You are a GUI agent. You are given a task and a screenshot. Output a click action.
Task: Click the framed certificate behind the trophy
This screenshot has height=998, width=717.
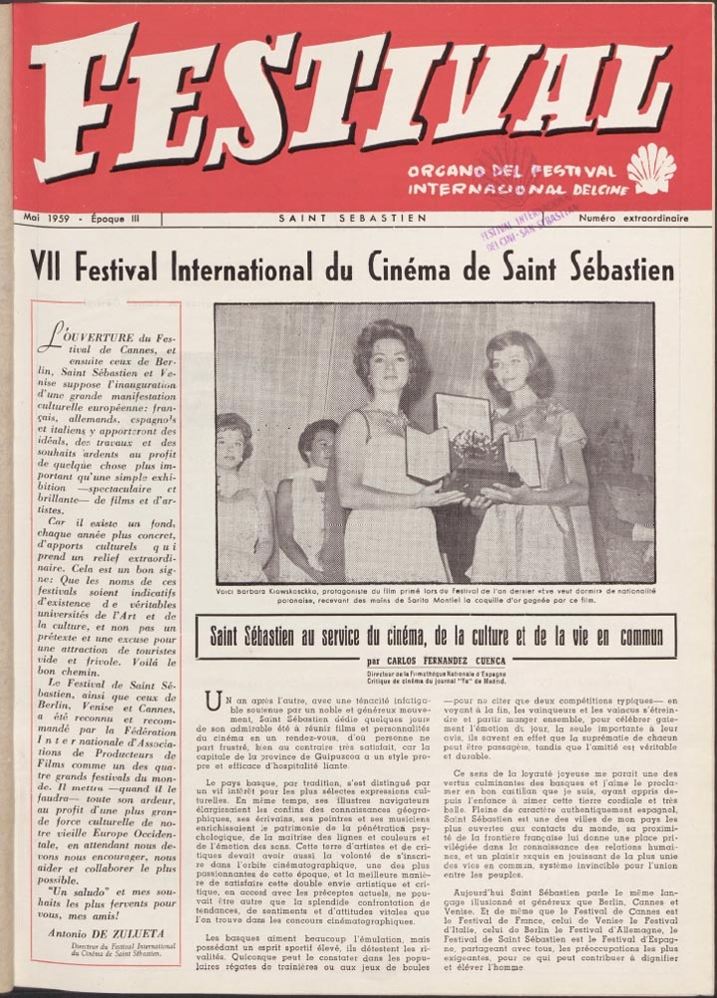pyautogui.click(x=462, y=419)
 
